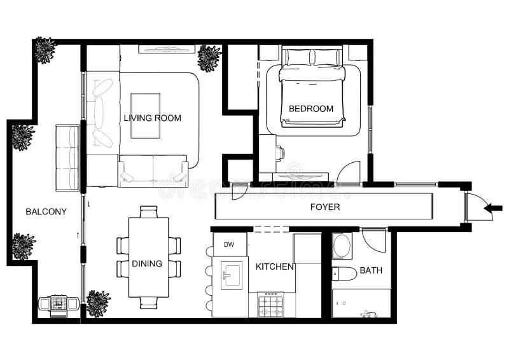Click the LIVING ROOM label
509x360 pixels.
point(152,118)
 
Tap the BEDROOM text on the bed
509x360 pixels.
point(311,109)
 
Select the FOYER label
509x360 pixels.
point(324,207)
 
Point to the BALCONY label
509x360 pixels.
point(46,212)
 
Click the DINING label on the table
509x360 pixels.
point(147,263)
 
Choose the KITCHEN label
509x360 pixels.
point(274,267)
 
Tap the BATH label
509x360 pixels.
point(371,270)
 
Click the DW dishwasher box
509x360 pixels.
point(229,244)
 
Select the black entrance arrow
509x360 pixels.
point(493,207)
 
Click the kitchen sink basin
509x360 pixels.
point(230,274)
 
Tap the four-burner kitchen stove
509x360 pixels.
point(271,305)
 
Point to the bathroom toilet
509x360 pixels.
point(344,274)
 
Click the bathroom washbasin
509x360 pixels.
point(342,246)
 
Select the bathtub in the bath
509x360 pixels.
point(361,303)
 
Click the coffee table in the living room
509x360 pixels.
point(145,115)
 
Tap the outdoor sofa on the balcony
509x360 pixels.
point(67,157)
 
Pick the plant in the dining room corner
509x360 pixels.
point(98,303)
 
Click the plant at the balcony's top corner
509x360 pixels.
point(45,50)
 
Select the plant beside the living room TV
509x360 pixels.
point(209,58)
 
